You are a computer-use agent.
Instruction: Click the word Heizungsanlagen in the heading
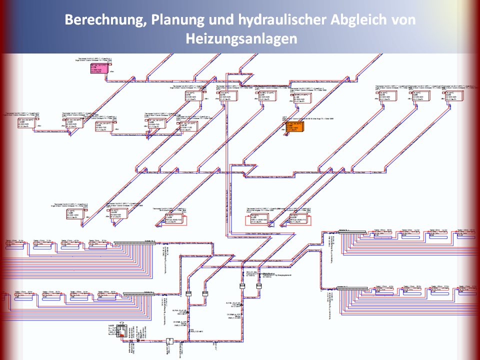pos(240,38)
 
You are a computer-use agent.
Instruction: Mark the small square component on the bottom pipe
pos(169,341)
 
